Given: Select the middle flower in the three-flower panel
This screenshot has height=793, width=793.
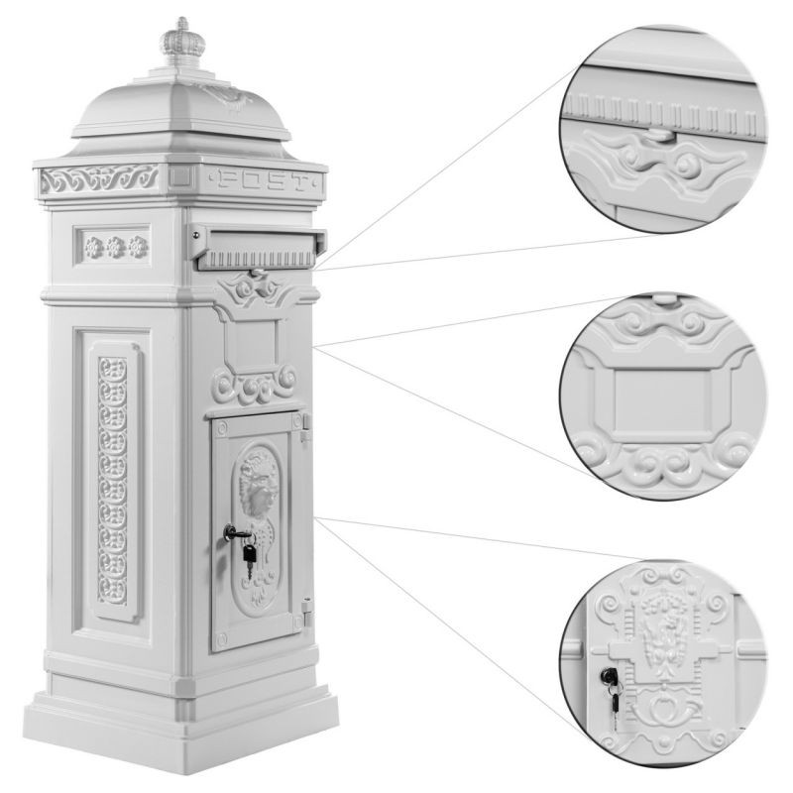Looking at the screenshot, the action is (116, 247).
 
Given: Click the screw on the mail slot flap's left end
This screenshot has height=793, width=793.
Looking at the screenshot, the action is (195, 234).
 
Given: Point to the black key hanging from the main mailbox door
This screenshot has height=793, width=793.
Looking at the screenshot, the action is (249, 555).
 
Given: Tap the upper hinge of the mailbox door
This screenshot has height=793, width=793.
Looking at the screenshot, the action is (304, 428).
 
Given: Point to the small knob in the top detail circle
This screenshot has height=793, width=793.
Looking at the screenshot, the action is (659, 134).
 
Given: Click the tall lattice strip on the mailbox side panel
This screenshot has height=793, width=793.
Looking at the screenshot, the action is (112, 480).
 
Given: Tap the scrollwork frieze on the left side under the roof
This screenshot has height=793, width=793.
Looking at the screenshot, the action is (99, 179).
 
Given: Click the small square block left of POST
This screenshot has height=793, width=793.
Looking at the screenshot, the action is (180, 176).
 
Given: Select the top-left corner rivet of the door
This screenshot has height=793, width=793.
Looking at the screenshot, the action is (221, 429).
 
